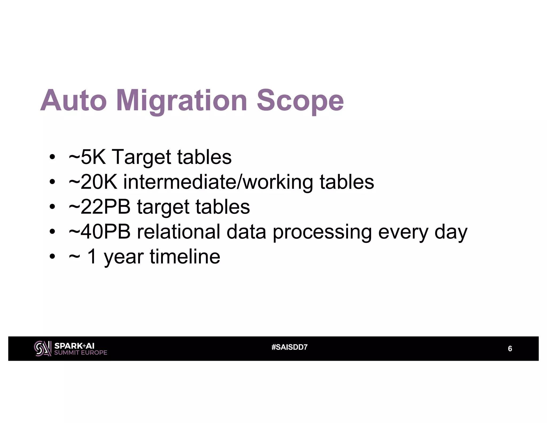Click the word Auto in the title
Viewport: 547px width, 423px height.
(73, 101)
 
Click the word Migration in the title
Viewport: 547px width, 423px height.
(182, 101)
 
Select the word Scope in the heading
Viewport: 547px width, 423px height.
(300, 101)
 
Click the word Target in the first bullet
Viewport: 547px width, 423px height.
(141, 157)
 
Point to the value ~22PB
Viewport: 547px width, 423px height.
(99, 207)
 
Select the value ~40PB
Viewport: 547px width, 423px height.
(99, 232)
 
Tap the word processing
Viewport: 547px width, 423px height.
(322, 232)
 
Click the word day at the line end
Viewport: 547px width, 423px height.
(451, 232)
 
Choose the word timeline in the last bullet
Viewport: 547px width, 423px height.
(185, 257)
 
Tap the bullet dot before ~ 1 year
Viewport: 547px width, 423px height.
(52, 257)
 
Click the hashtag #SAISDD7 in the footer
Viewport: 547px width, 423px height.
(289, 347)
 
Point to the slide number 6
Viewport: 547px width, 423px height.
(510, 349)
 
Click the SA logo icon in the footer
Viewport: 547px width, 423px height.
(42, 348)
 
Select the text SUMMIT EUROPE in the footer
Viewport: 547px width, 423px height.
(80, 353)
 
